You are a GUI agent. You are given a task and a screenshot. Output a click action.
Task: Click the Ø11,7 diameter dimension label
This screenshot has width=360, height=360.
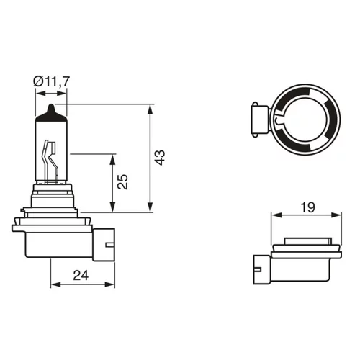point(51,81)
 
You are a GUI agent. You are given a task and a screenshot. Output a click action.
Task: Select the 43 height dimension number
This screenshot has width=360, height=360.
point(160,158)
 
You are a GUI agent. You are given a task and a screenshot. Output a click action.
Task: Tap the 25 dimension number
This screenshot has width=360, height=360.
point(122,181)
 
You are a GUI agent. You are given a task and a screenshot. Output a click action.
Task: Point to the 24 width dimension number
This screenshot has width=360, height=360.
point(81,275)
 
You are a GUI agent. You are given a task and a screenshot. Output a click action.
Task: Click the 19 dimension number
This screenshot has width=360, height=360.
point(307,207)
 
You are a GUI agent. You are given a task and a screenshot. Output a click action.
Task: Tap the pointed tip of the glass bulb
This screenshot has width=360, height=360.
point(51,104)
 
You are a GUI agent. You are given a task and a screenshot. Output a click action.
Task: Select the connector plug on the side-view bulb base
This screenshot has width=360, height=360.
point(104,244)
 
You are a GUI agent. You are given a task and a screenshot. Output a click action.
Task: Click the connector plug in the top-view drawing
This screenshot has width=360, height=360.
point(260,120)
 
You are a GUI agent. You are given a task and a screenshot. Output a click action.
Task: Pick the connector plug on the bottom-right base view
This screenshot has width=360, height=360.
point(262,269)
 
